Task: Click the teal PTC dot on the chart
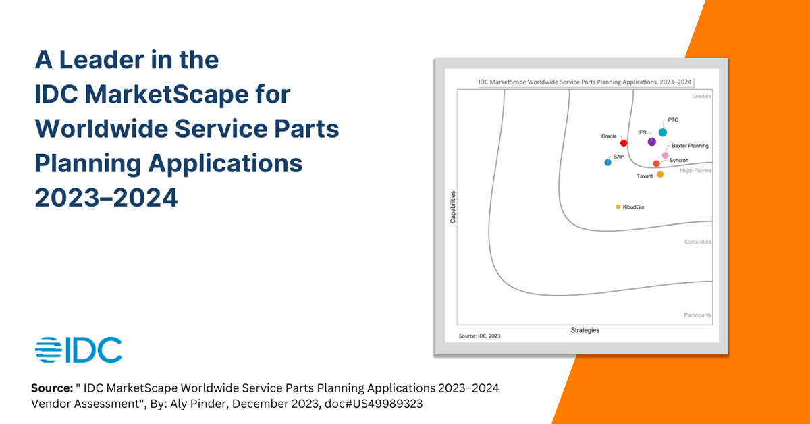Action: (x=663, y=132)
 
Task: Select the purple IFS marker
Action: (x=651, y=142)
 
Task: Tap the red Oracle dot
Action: (x=624, y=143)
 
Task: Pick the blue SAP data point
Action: (x=607, y=162)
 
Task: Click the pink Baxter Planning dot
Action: (x=665, y=155)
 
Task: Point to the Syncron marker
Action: (x=656, y=163)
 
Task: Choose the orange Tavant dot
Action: (x=660, y=174)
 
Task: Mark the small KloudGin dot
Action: (x=618, y=207)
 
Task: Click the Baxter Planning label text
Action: (x=690, y=146)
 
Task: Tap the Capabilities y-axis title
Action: (x=453, y=207)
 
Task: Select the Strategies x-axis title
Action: (x=585, y=330)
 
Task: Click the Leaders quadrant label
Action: (x=702, y=97)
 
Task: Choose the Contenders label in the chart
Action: (x=698, y=242)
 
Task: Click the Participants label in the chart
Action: (x=697, y=315)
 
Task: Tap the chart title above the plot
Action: (x=585, y=82)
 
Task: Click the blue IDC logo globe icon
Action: (x=48, y=350)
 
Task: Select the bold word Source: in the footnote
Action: (x=53, y=389)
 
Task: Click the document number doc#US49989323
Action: (x=379, y=403)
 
